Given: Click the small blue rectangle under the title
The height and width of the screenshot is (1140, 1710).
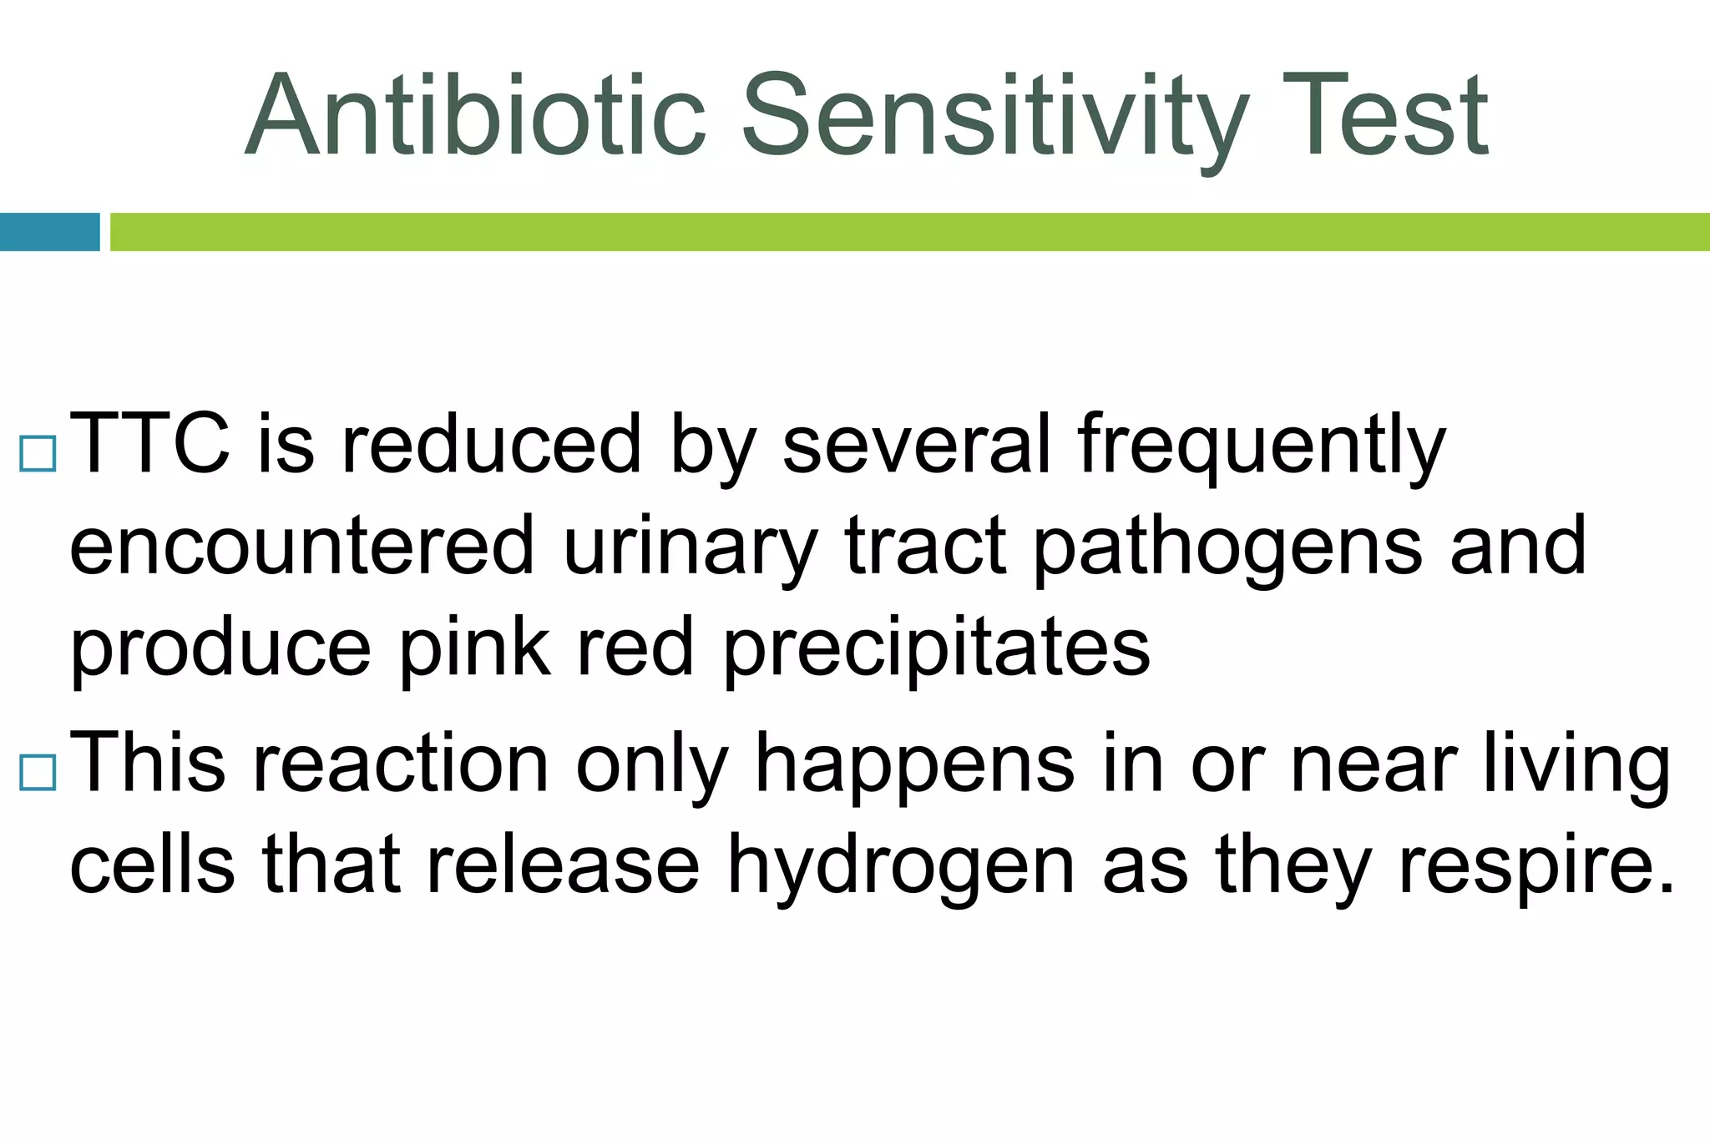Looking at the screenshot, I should point(49,232).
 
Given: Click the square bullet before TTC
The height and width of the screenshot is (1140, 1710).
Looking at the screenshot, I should point(38,454).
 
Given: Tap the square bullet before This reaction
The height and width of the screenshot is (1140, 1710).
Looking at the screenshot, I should point(38,772).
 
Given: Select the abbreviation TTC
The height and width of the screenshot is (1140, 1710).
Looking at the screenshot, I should point(150,444).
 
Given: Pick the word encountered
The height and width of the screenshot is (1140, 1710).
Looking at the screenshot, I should point(301,547).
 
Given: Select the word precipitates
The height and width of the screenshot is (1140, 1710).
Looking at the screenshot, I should point(936,649).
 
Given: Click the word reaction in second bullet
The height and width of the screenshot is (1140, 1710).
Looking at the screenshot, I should point(401,764).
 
